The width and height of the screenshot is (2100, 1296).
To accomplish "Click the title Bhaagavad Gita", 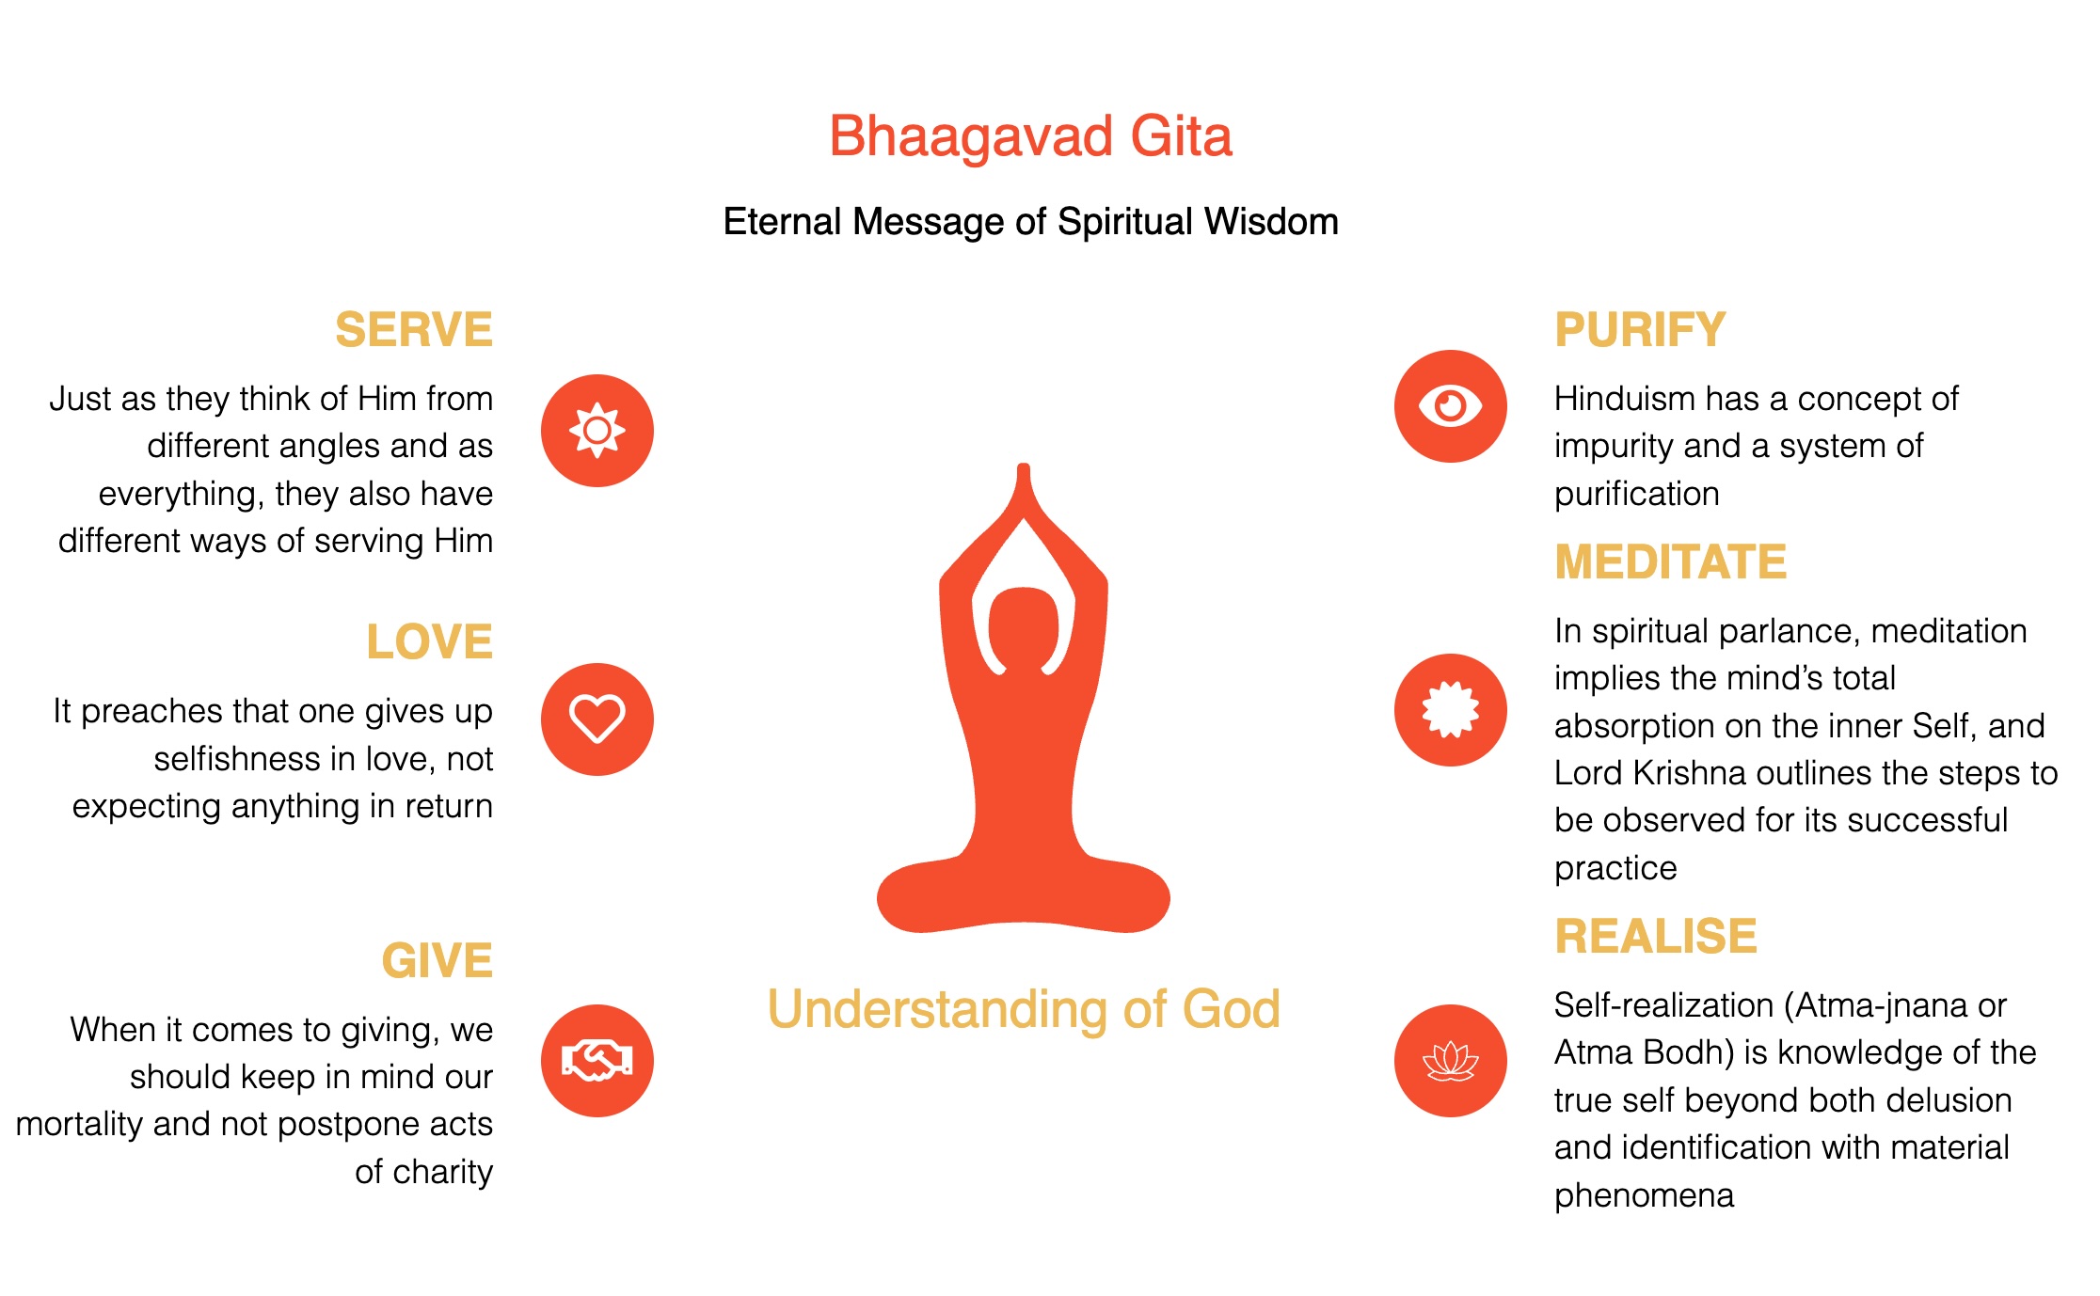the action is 1030,137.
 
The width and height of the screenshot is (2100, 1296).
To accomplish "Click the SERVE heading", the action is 414,330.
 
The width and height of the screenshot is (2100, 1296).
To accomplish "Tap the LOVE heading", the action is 429,642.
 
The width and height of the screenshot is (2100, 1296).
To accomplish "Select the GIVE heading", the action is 437,961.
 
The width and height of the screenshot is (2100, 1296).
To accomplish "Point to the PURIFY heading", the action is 1640,330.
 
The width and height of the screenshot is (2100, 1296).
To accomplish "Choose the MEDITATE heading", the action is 1670,562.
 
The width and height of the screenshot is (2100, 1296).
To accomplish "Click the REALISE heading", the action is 1656,937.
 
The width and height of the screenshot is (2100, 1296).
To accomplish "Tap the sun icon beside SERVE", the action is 597,431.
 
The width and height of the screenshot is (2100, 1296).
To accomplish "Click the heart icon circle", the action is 597,719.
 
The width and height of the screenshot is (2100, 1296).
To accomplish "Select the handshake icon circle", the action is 597,1061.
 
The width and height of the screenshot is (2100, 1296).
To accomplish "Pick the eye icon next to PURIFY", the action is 1451,406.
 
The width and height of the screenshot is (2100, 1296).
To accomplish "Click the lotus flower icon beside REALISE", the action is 1451,1061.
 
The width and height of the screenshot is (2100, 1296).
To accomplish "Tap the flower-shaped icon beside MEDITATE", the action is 1451,710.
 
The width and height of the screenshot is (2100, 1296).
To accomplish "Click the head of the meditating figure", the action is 1024,625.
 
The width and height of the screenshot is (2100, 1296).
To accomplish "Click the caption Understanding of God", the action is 1024,1010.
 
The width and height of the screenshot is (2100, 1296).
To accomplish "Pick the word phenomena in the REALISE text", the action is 1644,1196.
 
